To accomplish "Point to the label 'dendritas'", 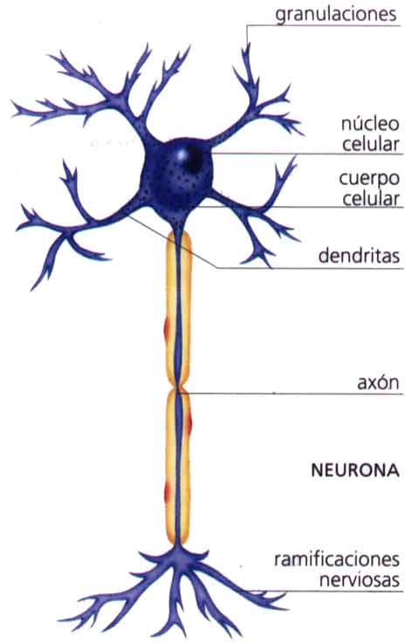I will point(359,257).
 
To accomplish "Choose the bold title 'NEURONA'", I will point(354,469).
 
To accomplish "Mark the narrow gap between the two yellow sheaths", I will point(179,387).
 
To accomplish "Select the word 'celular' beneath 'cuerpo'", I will point(370,199).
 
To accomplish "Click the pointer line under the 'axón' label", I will point(297,393).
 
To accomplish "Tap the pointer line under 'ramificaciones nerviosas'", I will point(349,591).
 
